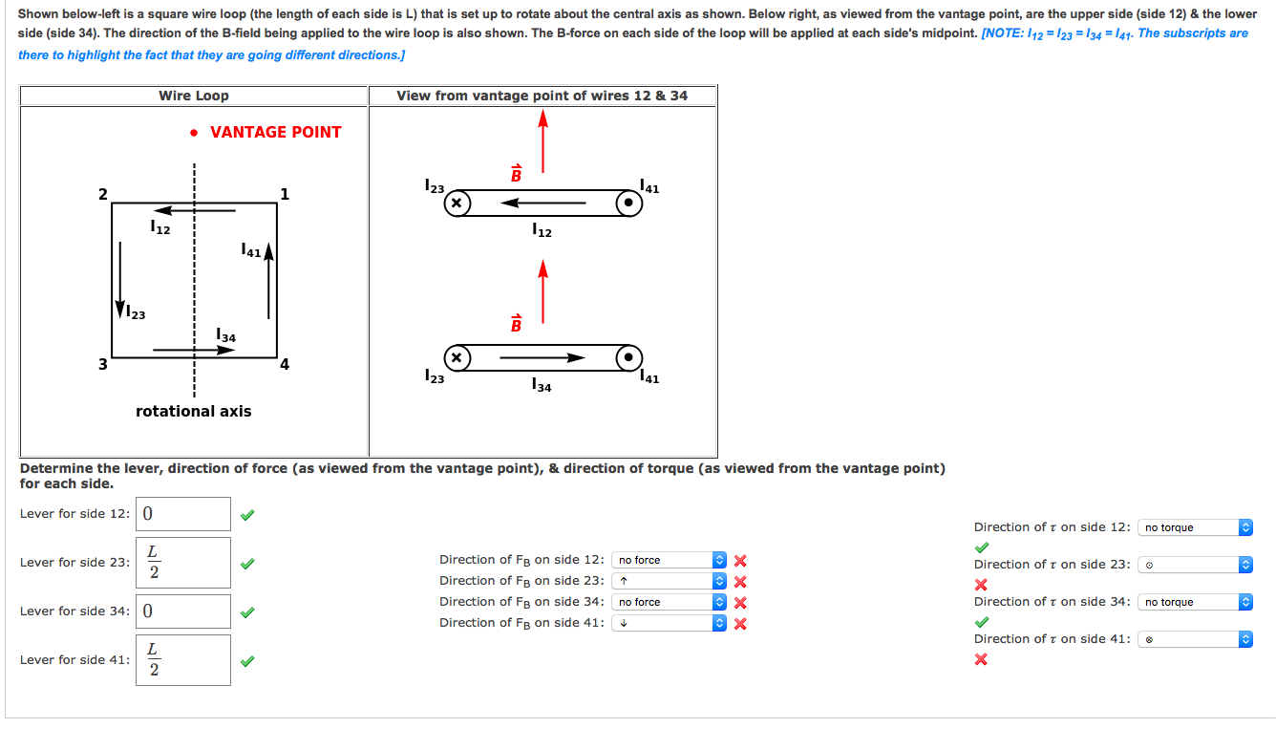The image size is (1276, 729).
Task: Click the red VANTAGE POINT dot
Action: [194, 133]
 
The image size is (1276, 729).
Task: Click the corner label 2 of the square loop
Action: [102, 195]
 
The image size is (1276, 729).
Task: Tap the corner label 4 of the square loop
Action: [285, 364]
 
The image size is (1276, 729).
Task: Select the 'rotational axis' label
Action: [194, 411]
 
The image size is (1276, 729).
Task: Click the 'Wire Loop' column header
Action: [194, 96]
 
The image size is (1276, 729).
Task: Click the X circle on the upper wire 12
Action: [457, 204]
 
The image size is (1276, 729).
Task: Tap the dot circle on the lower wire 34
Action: [628, 358]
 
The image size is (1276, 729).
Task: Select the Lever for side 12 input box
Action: [183, 514]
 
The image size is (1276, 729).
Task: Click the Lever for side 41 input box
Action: [183, 660]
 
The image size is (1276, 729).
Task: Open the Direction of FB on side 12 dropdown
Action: [670, 560]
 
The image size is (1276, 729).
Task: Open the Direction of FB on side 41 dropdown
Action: [670, 623]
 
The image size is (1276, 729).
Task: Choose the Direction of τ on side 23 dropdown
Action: [1195, 565]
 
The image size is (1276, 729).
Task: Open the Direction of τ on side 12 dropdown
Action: [1195, 527]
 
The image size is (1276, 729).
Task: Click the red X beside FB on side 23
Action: [739, 582]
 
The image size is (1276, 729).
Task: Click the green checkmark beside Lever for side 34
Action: [247, 611]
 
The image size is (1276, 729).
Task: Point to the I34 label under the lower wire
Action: [542, 386]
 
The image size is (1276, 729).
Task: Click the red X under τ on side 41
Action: [980, 659]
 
